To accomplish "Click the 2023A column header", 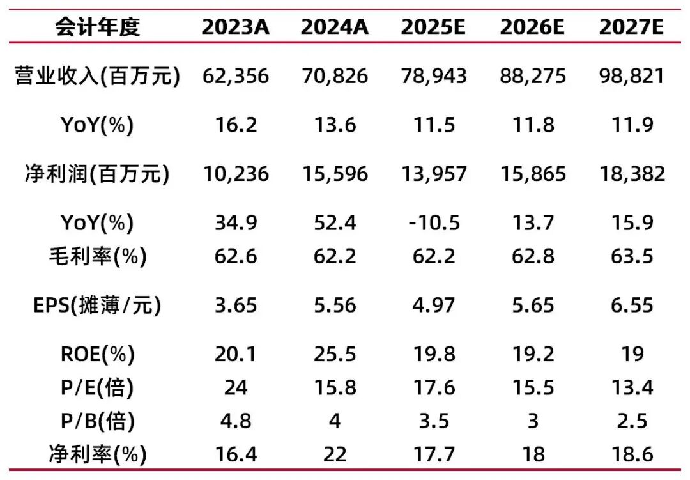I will click(236, 27).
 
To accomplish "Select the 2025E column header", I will click(434, 27).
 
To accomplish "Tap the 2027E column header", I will click(632, 27).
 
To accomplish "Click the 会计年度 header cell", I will click(97, 27).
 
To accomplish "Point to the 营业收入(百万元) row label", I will click(97, 77).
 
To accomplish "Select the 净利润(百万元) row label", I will click(97, 174).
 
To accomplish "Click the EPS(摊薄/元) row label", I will click(97, 305).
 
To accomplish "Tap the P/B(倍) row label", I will click(97, 421).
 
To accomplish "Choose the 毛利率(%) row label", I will click(97, 256).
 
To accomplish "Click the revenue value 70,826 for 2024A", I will click(334, 77).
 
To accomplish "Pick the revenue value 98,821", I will click(632, 77).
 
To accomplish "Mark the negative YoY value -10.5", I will click(434, 223).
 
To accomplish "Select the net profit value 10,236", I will click(236, 174).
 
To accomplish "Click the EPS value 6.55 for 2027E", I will click(632, 305).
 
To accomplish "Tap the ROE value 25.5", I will click(334, 354).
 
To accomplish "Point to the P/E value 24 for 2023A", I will click(236, 387).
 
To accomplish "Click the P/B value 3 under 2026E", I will click(533, 421).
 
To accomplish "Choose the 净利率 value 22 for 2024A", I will click(334, 454).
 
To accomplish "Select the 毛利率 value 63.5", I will click(632, 256).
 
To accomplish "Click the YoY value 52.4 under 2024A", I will click(334, 223).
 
